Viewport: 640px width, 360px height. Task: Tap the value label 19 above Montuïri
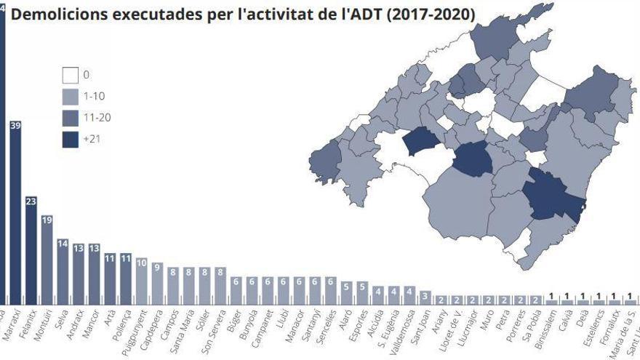click(x=47, y=220)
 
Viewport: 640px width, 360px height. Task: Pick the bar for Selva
click(x=63, y=272)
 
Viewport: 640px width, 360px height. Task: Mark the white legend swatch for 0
click(x=71, y=75)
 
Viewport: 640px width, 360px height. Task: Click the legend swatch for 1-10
click(x=71, y=96)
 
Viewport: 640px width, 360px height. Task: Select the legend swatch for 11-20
click(x=71, y=117)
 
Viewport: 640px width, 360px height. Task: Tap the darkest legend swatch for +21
click(x=71, y=139)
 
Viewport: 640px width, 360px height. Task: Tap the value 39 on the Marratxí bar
click(x=15, y=125)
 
